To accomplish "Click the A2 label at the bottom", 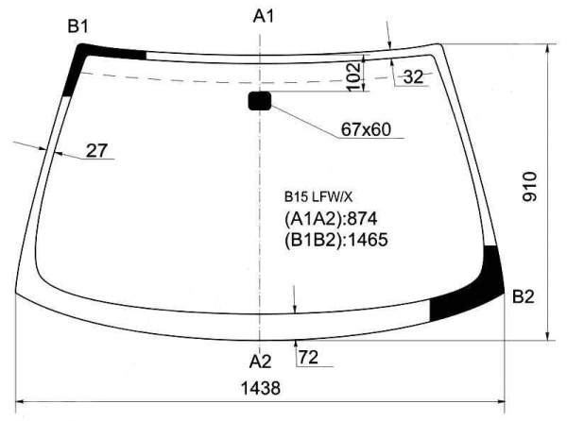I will click(260, 362).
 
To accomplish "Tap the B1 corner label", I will click(77, 26).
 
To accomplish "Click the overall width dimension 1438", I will click(261, 387).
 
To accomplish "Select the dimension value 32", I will click(413, 77).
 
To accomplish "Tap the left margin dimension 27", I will click(97, 149).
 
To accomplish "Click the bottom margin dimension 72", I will click(309, 357).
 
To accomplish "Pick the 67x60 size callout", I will click(366, 129).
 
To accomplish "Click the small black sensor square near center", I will click(260, 100).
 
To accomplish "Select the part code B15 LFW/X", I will click(318, 198).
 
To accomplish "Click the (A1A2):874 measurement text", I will click(335, 219).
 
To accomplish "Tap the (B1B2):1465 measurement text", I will click(336, 239).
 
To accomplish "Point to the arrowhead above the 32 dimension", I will click(390, 42).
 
